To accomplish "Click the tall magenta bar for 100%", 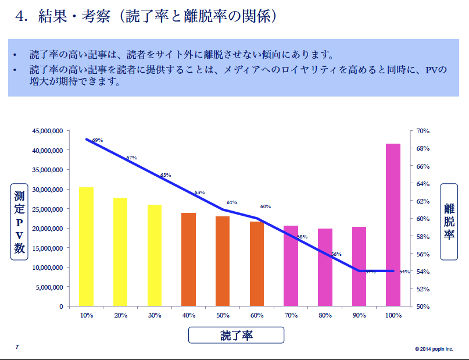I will click(393, 224).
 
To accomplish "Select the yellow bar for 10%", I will click(87, 247).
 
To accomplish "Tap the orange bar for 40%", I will click(189, 259).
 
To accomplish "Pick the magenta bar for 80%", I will click(325, 267).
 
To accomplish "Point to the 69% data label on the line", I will click(98, 140).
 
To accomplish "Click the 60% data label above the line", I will click(266, 206).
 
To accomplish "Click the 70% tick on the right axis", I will click(423, 131).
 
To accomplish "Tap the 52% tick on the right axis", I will click(423, 288).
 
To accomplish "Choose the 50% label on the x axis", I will click(223, 315).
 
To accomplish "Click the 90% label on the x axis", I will click(359, 315).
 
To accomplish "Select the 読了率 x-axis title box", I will click(236, 335).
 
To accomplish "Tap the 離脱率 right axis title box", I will click(449, 222).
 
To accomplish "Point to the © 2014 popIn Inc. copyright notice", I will click(434, 349).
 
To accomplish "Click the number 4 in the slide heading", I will click(22, 16).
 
